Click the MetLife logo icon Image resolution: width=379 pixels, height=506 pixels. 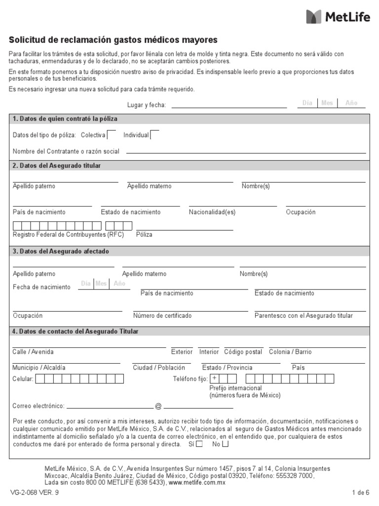[314, 16]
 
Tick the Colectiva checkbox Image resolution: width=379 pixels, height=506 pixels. [112, 135]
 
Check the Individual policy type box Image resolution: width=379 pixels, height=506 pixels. [154, 135]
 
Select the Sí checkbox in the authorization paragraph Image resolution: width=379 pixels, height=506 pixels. [199, 444]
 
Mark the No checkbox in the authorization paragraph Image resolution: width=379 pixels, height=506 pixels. [225, 444]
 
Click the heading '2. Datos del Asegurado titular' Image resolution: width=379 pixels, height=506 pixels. [57, 166]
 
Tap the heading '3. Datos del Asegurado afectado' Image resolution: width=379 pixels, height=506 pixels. [61, 252]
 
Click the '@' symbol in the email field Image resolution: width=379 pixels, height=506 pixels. [158, 406]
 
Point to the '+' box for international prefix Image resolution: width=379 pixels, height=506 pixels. [215, 379]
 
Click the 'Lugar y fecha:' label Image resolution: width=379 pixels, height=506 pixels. [147, 105]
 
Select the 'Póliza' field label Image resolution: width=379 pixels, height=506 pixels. [144, 235]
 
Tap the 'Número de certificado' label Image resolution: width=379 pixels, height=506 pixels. [162, 316]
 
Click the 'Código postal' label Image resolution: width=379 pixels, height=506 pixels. [243, 352]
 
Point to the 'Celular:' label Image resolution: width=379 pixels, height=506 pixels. [23, 379]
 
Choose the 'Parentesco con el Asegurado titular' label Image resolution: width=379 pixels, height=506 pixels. [303, 316]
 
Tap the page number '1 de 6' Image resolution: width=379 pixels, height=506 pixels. [360, 493]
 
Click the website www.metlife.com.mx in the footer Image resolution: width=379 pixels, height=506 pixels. [197, 482]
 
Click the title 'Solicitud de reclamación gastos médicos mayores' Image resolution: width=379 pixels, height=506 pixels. [113, 40]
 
